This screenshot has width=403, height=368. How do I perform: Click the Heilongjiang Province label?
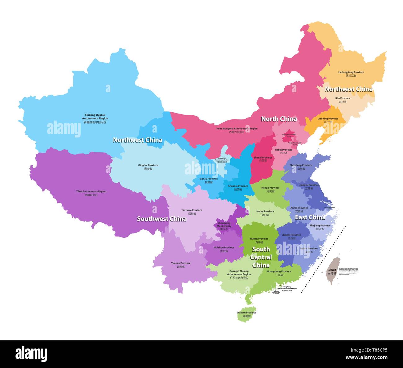(351, 74)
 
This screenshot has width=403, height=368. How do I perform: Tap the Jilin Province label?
(343, 100)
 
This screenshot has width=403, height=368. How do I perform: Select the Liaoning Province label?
(328, 120)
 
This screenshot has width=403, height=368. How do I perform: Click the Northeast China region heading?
(348, 89)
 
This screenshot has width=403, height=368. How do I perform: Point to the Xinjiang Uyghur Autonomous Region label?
(95, 119)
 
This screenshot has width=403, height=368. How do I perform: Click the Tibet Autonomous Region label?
(91, 193)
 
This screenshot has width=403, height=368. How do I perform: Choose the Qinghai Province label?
(148, 167)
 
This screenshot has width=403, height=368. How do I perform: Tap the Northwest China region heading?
(137, 140)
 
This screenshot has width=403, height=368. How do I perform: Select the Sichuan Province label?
(192, 212)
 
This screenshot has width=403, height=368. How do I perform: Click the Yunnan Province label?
(181, 265)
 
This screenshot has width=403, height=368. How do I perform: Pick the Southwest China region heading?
(162, 219)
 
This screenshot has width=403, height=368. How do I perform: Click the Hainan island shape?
(246, 314)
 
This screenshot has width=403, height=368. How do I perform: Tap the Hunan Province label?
(259, 240)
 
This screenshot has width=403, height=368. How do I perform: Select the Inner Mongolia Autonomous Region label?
(237, 130)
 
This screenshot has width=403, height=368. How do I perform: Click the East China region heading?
(310, 217)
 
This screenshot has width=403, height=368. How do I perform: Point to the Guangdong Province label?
(279, 273)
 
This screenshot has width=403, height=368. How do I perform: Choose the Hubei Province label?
(265, 213)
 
